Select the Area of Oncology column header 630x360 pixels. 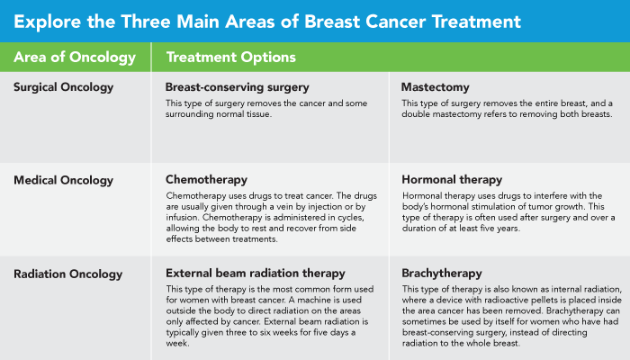pyautogui.click(x=75, y=57)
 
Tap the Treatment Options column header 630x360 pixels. pyautogui.click(x=231, y=57)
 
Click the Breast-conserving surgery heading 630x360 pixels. pyautogui.click(x=238, y=87)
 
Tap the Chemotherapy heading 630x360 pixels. pyautogui.click(x=206, y=180)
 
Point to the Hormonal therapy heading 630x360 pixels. pyautogui.click(x=453, y=180)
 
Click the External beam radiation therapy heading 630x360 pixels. pyautogui.click(x=256, y=273)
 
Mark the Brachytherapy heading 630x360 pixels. pyautogui.click(x=443, y=273)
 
